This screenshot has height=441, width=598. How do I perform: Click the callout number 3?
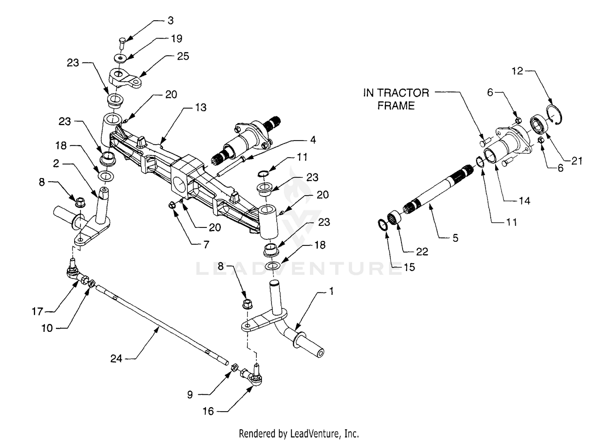(x=171, y=20)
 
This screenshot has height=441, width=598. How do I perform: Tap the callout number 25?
(x=183, y=56)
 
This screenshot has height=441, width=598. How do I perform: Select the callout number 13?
(x=201, y=107)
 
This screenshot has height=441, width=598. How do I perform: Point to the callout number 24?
(x=116, y=359)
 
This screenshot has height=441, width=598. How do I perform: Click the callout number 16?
(x=208, y=411)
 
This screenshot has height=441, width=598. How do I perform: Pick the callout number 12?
(x=517, y=71)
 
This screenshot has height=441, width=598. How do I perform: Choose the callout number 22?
(x=422, y=251)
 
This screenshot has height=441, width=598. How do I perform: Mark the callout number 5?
(x=455, y=238)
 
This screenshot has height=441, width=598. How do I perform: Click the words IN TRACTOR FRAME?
(x=396, y=99)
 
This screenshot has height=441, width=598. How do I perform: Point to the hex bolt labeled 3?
(x=122, y=42)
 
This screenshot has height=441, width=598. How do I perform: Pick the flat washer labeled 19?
(x=120, y=58)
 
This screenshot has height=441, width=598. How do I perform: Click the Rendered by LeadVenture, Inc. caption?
(x=299, y=433)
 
